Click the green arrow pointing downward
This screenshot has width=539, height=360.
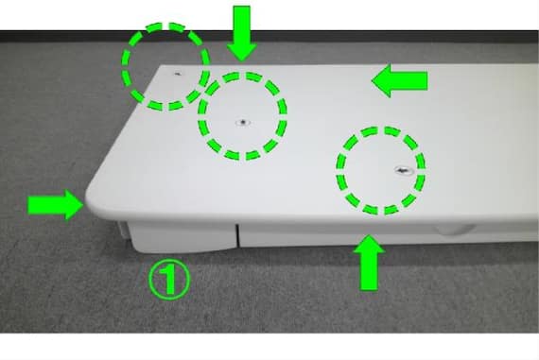pos(242,33)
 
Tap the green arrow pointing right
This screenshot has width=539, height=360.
pos(56,205)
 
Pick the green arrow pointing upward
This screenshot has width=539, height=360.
pos(369,263)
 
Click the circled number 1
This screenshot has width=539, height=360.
pos(168,279)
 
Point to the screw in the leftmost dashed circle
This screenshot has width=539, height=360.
pos(178,74)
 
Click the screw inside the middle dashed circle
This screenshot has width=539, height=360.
pos(243,122)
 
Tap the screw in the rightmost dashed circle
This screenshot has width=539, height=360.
pos(403,170)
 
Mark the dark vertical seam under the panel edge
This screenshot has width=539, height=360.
pos(237,235)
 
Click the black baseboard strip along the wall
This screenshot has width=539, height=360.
pos(269,36)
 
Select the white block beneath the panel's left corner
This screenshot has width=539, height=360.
pos(180,237)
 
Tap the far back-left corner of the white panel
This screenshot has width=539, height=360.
pos(161,66)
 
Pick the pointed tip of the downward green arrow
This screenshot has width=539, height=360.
pos(242,61)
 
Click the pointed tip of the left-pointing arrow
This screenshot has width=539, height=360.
pos(373,80)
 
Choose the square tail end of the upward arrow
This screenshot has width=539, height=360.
pos(369,290)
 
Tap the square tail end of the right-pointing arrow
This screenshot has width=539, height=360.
pos(28,205)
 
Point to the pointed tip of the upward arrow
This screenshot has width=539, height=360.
pos(369,235)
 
